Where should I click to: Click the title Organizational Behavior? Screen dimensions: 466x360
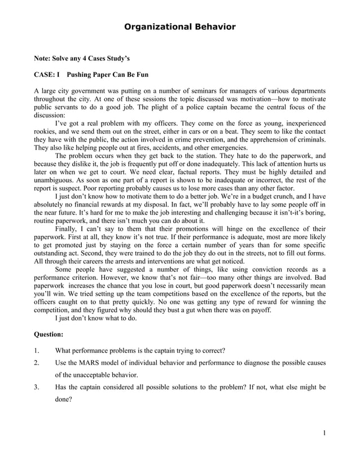pos(179,27)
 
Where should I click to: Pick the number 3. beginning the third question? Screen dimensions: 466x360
pos(37,388)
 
